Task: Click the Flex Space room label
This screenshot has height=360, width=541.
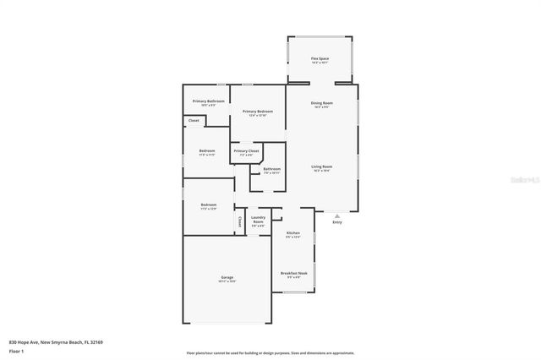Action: point(320,58)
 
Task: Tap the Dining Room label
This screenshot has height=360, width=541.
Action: point(322,103)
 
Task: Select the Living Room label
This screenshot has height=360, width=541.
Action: point(321,166)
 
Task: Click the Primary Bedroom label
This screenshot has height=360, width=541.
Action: point(258,112)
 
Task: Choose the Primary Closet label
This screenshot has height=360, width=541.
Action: point(247,151)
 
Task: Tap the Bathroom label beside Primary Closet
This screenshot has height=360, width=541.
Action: point(271,169)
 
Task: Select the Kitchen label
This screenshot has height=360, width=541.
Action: point(292,233)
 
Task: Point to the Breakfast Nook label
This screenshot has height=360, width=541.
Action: point(293,274)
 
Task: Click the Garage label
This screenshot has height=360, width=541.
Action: point(227,278)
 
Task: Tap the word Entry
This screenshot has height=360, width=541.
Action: point(337,221)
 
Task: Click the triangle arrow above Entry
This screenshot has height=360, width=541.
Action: point(337,214)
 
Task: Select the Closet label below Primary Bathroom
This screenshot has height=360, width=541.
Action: point(194,121)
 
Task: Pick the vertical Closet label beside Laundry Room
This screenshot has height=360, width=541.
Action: point(240,223)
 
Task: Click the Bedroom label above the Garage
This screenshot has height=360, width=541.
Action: point(208,205)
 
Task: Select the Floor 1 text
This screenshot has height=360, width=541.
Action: point(17,351)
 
